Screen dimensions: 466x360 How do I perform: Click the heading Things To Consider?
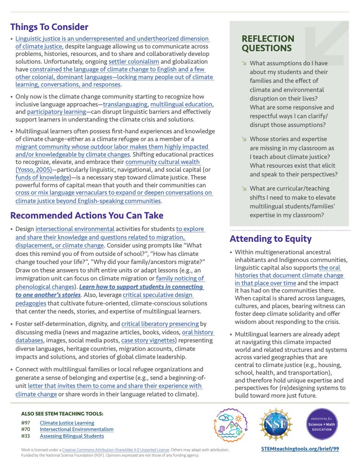[x=49, y=27]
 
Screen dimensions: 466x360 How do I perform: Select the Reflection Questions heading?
[x=268, y=43]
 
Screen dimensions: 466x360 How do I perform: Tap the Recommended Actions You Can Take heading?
[x=87, y=216]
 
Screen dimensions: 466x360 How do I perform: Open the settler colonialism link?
[x=133, y=62]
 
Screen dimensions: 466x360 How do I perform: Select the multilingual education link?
[x=181, y=104]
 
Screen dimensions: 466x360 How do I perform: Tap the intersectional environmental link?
[x=75, y=229]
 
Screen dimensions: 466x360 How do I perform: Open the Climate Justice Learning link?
[x=67, y=423]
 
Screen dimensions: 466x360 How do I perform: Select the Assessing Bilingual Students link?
[x=72, y=436]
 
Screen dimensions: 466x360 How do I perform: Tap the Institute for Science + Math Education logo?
[x=322, y=424]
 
